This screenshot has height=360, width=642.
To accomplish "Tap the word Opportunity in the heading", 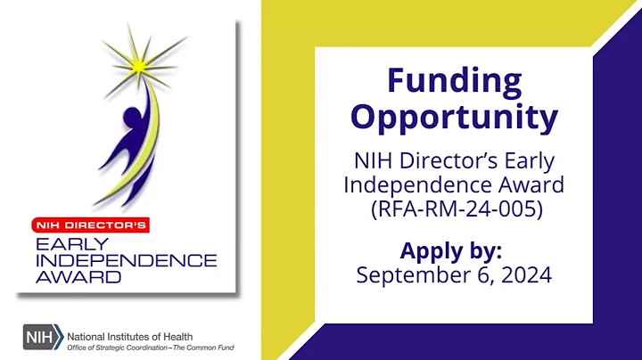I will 454,117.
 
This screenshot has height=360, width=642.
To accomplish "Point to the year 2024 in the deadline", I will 525,274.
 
